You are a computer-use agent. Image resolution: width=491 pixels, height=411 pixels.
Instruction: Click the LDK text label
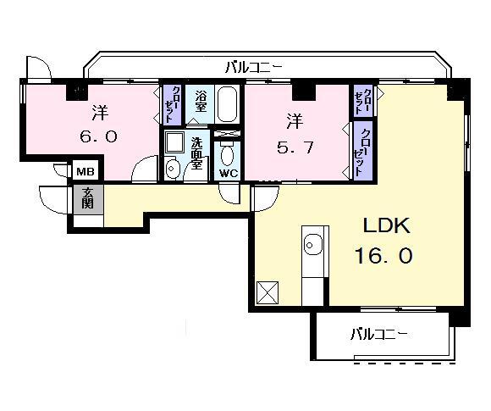click(x=387, y=226)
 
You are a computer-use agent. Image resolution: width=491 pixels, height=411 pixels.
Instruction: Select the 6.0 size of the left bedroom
click(x=99, y=136)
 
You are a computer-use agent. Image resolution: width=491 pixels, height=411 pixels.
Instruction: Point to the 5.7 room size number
click(x=296, y=146)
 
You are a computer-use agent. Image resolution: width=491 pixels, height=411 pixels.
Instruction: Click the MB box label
click(x=86, y=171)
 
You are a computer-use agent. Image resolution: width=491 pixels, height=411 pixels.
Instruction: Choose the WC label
click(x=229, y=173)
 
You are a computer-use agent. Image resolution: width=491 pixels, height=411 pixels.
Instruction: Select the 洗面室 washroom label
click(x=196, y=154)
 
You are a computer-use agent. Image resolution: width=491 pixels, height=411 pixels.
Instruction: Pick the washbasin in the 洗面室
click(x=173, y=169)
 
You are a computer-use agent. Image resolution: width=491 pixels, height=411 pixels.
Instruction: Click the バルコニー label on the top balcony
click(x=254, y=65)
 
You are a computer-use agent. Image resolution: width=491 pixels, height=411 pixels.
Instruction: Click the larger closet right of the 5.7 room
click(x=363, y=150)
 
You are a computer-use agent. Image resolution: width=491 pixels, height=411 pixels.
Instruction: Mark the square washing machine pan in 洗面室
click(x=174, y=142)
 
